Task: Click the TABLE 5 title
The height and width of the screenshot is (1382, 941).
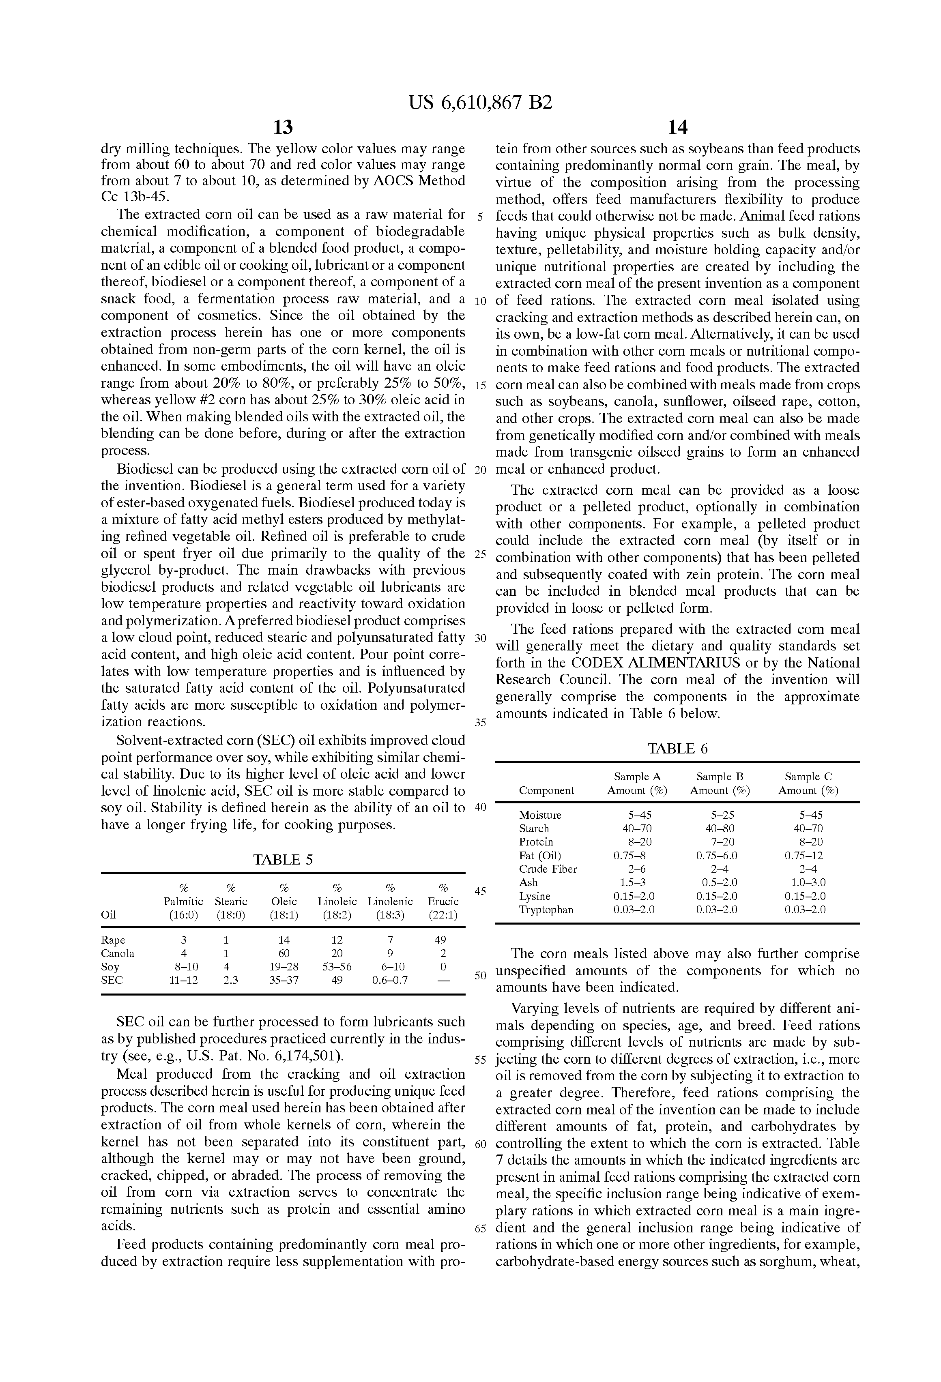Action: click(x=283, y=859)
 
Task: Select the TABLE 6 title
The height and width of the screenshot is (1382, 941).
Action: click(x=677, y=749)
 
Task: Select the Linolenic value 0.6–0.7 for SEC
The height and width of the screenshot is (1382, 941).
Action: click(x=390, y=980)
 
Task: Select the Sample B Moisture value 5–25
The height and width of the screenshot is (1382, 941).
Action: click(x=720, y=815)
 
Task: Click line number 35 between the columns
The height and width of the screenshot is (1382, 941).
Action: click(x=480, y=723)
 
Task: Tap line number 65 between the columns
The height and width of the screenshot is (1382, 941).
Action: click(x=480, y=1229)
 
